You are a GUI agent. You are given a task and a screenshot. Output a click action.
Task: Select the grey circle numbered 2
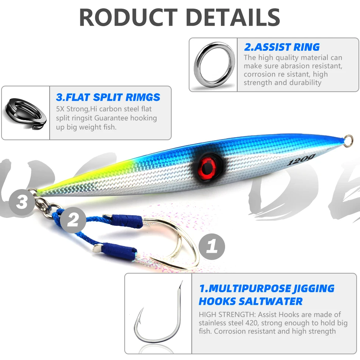[x=73, y=220]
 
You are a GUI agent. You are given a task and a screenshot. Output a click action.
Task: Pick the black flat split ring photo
[x=25, y=113]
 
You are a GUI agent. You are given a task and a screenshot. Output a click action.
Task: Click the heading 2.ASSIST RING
[x=282, y=47]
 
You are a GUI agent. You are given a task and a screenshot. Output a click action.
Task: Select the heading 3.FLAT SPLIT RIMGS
[x=108, y=97]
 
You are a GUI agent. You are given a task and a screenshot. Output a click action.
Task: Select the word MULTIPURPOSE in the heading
[x=252, y=289]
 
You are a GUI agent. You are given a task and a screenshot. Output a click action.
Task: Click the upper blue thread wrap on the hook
[x=128, y=221]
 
